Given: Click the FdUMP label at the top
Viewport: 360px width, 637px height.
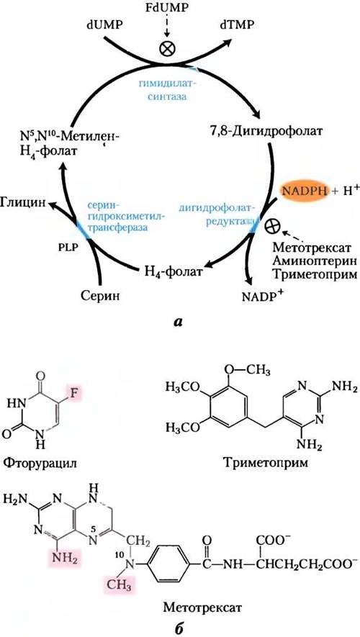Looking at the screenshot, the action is [169, 8].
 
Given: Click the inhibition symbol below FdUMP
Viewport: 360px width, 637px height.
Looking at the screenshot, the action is [168, 49].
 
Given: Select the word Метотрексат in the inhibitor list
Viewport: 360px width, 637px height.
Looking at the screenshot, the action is [311, 247].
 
